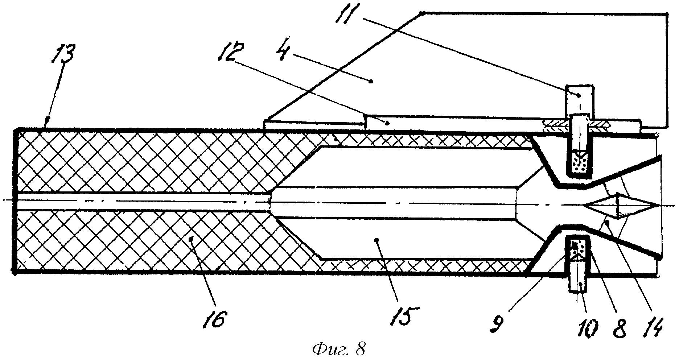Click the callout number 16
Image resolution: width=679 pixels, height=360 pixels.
217,318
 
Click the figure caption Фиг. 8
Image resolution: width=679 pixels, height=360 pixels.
338,349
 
